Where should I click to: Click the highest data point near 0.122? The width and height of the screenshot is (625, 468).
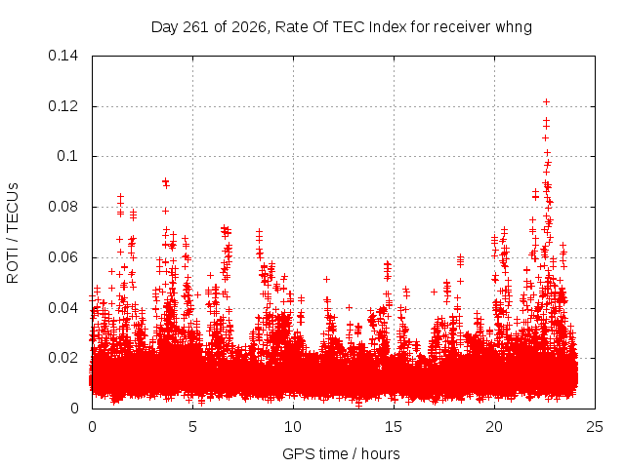click(546, 101)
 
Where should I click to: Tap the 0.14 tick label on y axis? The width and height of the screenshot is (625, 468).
click(62, 56)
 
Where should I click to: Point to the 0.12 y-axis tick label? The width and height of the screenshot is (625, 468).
click(62, 106)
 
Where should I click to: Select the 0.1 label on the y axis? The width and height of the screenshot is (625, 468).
click(67, 156)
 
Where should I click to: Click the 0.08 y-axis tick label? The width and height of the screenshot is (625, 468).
click(62, 207)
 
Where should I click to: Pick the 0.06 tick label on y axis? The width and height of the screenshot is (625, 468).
click(62, 257)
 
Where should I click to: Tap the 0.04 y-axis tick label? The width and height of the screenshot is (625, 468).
click(62, 308)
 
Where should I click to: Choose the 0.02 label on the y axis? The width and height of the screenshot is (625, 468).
click(62, 358)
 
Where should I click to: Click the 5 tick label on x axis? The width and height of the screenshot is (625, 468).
click(192, 427)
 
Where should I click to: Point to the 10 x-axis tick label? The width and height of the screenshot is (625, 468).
click(293, 427)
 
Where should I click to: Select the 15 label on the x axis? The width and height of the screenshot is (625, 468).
click(394, 427)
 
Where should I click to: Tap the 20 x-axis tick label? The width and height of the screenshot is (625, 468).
click(494, 427)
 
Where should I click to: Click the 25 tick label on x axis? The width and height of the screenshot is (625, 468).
click(595, 427)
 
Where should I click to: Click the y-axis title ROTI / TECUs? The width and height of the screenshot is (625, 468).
click(13, 233)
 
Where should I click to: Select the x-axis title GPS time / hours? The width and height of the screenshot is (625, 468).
click(341, 454)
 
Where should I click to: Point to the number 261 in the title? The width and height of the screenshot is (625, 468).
click(196, 27)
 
